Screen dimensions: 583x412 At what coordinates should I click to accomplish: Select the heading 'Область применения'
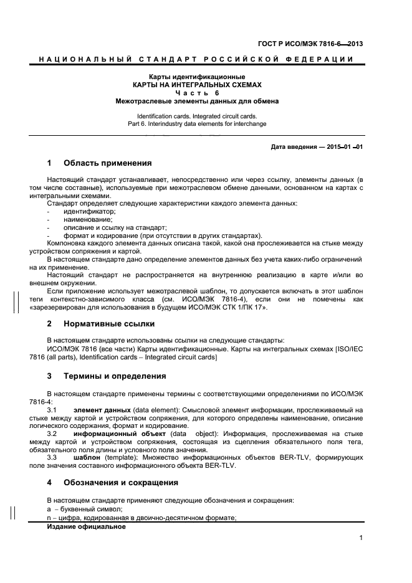tap(107, 163)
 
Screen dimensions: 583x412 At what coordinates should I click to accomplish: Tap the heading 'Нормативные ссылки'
tap(109, 324)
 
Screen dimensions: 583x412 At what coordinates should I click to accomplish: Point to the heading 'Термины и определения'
tap(114, 376)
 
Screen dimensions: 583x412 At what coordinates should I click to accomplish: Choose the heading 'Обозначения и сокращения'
tap(120, 482)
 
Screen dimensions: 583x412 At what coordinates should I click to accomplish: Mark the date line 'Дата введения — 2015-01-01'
tap(317, 147)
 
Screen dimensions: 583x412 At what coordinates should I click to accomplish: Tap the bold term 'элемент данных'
tap(102, 409)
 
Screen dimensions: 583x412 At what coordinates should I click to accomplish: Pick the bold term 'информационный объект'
tap(118, 432)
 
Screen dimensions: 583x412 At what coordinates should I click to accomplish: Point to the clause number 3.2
tap(52, 432)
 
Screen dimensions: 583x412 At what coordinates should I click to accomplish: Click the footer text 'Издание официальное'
tap(86, 526)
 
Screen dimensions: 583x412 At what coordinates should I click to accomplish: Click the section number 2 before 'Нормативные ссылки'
tap(49, 324)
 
